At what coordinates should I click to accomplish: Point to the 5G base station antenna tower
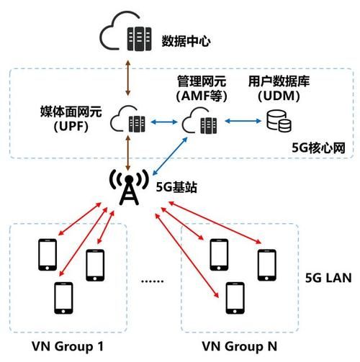pos(127,188)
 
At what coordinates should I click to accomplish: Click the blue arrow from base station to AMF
pos(165,156)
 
